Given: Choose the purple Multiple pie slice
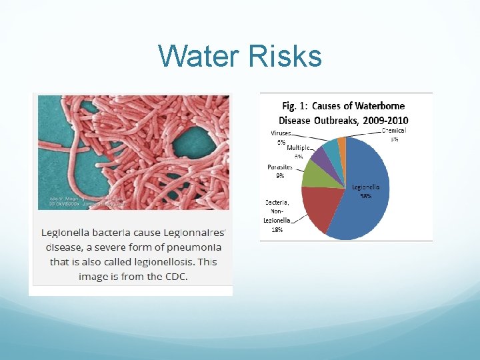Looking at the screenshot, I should [x=319, y=157].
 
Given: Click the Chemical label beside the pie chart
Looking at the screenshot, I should [x=393, y=131].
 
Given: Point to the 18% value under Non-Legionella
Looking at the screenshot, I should [x=277, y=229].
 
